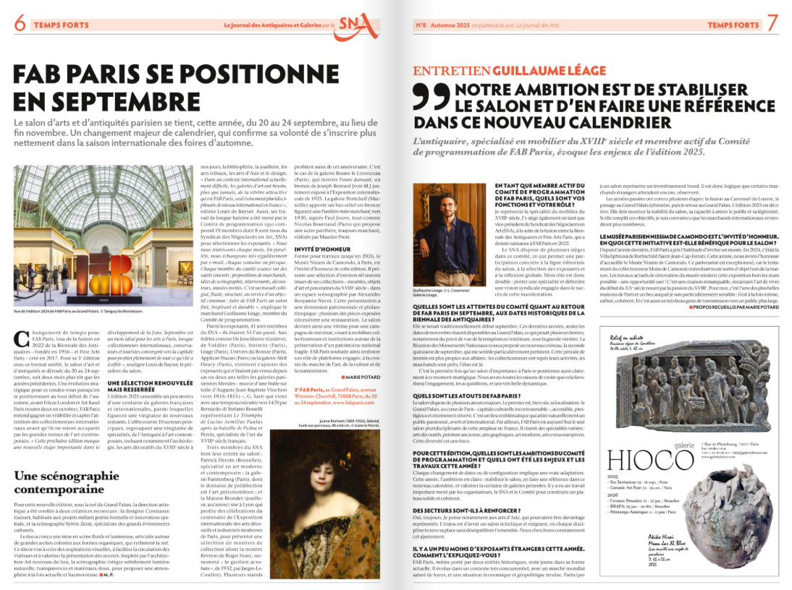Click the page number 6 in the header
pyautogui.click(x=19, y=23)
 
